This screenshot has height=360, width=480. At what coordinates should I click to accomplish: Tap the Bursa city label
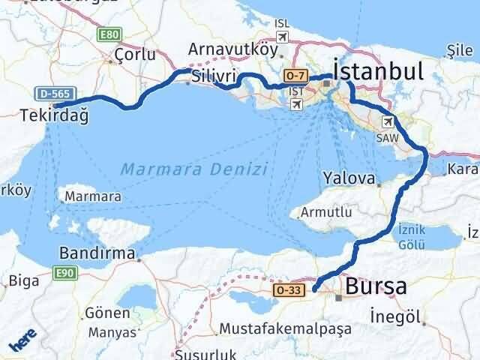point(376,286)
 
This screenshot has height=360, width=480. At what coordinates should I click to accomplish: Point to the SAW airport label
point(388,138)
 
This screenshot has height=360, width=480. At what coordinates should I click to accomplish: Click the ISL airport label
point(282,23)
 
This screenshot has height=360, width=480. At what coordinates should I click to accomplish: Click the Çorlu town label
point(136,54)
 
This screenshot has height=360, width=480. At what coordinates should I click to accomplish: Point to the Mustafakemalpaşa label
point(283,329)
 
